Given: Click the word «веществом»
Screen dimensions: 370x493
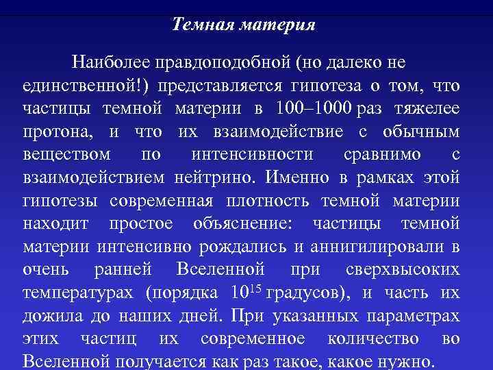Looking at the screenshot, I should [65, 154].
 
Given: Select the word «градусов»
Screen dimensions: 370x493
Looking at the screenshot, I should [306, 293].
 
